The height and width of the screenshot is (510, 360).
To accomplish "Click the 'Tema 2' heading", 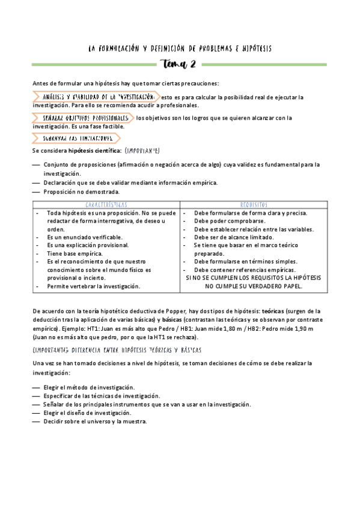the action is point(179,64).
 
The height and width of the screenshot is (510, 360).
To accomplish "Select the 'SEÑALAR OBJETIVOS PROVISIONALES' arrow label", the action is point(85,118).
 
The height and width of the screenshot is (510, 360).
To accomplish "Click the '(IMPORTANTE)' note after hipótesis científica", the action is point(142,150).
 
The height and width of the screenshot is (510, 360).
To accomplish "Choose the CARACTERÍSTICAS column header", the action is point(106,204).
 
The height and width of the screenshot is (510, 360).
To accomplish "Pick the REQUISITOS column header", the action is point(253,204).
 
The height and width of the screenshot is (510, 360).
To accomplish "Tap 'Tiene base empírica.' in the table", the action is point(75,254).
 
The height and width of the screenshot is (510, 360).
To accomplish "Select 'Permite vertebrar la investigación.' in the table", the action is point(93,286).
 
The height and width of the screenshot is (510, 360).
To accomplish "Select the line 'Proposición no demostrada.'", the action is point(81,192).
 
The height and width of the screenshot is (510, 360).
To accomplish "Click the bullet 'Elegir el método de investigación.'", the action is point(89,387).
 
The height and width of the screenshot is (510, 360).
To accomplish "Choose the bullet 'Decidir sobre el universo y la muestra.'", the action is point(95,421).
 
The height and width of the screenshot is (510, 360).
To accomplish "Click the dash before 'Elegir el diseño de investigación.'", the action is point(37,413).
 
